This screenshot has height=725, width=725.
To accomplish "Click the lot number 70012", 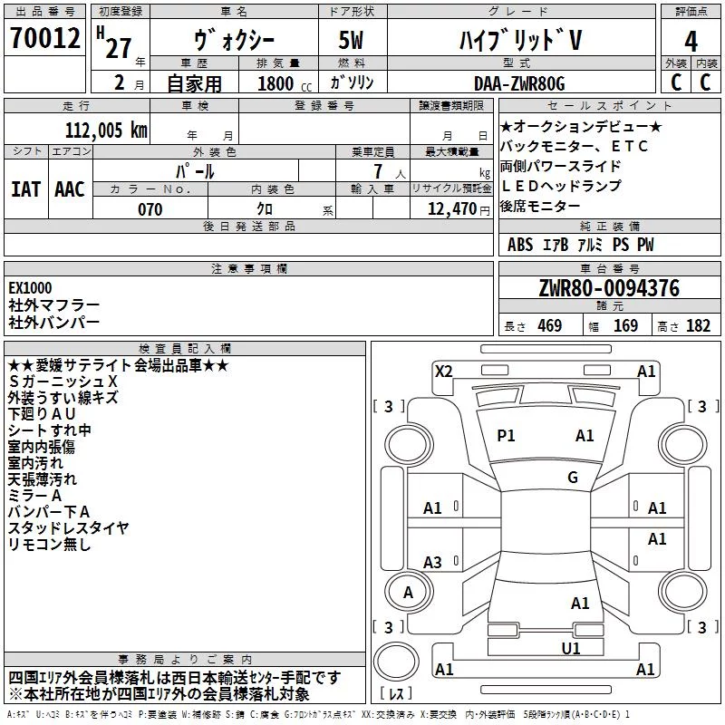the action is [44, 38].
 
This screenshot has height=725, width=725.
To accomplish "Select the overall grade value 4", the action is [691, 41].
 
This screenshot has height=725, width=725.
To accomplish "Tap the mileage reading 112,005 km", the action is [106, 130].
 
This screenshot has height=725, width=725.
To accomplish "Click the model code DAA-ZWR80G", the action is [519, 83].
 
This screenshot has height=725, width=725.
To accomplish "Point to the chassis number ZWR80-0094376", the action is [609, 288].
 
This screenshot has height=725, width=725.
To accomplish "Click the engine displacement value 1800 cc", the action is [285, 83].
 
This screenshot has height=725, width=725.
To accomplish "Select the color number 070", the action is [150, 209].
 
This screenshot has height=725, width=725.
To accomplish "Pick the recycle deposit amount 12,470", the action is [452, 209].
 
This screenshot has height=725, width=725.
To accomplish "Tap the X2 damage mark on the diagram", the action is [444, 372].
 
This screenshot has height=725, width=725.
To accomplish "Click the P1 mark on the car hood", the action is [506, 436].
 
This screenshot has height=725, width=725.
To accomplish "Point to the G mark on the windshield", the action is [573, 478].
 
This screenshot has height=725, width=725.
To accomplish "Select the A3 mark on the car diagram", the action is [433, 562].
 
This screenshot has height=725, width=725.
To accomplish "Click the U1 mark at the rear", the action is [571, 648].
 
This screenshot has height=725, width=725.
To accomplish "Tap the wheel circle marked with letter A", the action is [409, 592].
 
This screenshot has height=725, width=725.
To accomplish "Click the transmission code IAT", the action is [26, 189].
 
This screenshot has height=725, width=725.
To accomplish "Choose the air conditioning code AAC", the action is [70, 189].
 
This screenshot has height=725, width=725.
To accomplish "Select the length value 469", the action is [550, 326].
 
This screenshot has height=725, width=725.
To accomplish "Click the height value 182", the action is [698, 326].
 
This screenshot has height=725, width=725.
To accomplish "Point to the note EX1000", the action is [30, 288].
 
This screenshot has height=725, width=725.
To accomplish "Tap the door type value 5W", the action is [351, 40].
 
